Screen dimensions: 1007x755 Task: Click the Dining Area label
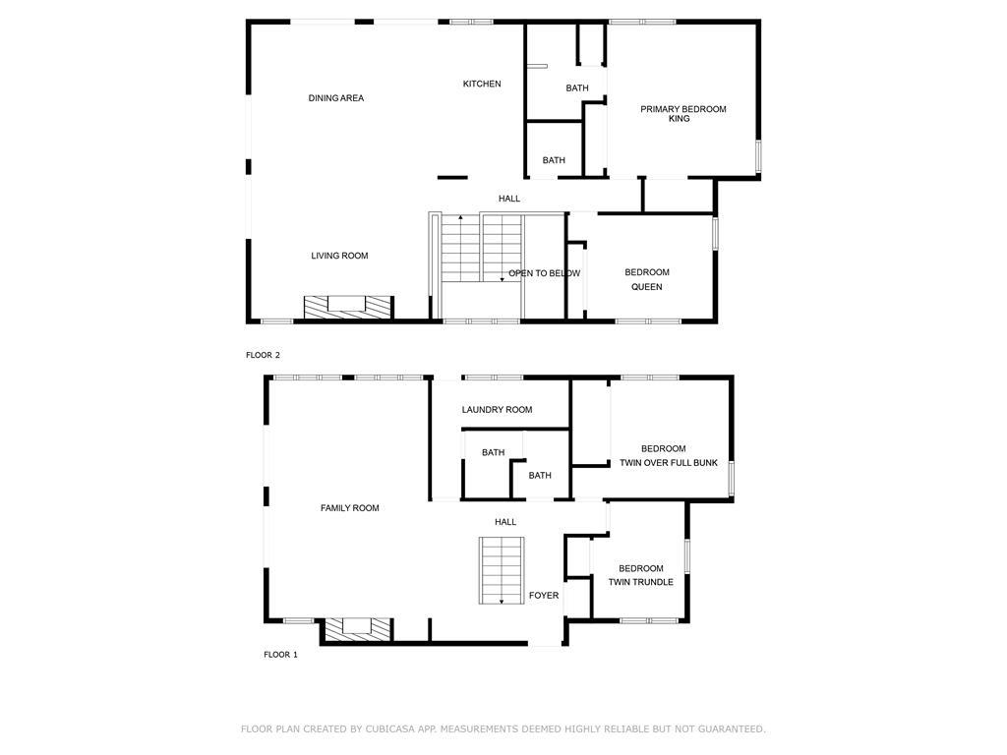(x=336, y=98)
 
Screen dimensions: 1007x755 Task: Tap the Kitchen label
(x=482, y=84)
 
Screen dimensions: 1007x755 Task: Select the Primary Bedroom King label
(x=682, y=114)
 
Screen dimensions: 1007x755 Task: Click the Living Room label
(x=339, y=256)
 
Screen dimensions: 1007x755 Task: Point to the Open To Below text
(x=544, y=273)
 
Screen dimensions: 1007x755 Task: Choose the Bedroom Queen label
(x=647, y=279)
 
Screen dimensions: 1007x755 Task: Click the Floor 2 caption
(x=263, y=355)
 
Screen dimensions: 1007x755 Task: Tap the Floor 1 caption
(x=280, y=655)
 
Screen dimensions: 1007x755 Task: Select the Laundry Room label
(x=497, y=410)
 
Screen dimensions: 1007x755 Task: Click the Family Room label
(x=349, y=508)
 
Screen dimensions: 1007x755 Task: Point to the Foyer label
(x=543, y=595)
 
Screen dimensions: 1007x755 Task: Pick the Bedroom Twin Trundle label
(x=641, y=575)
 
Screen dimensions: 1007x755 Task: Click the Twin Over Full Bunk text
(x=669, y=462)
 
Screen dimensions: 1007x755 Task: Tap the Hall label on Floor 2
(x=509, y=199)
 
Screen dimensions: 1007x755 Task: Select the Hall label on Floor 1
(x=505, y=522)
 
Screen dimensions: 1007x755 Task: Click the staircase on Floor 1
(x=502, y=570)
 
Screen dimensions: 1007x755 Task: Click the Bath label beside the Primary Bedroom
(x=576, y=87)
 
